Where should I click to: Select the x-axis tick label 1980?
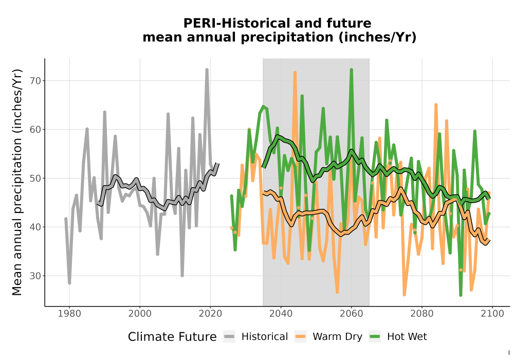pyautogui.click(x=69, y=314)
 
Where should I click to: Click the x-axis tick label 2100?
pyautogui.click(x=492, y=314)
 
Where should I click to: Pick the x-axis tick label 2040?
pyautogui.click(x=281, y=314)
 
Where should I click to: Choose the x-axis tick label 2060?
pyautogui.click(x=352, y=314)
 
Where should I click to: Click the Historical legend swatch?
pyautogui.click(x=229, y=337)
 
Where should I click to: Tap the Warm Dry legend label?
pyautogui.click(x=337, y=337)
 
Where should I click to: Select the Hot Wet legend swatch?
pyautogui.click(x=375, y=337)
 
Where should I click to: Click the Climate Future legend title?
pyautogui.click(x=172, y=337)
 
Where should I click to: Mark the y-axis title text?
pyautogui.click(x=17, y=182)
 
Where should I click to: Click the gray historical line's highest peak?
pyautogui.click(x=207, y=69)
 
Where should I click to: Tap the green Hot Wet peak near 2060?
pyautogui.click(x=352, y=69)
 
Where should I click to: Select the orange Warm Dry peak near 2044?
pyautogui.click(x=295, y=72)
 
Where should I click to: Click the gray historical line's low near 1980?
pyautogui.click(x=69, y=283)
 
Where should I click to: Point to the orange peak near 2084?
pyautogui.click(x=436, y=105)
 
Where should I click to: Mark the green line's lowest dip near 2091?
pyautogui.click(x=461, y=295)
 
